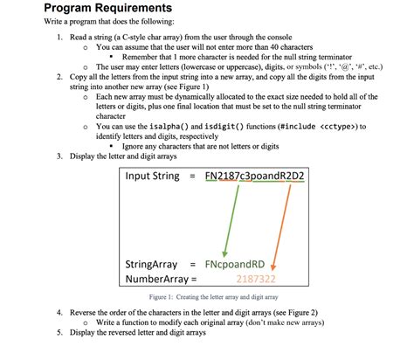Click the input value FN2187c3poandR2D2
[260, 177]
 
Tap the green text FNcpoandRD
[237, 264]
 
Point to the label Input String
[154, 177]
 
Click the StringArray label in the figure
[153, 264]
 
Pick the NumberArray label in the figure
[158, 280]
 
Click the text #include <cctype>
[324, 127]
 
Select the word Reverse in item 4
[86, 312]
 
